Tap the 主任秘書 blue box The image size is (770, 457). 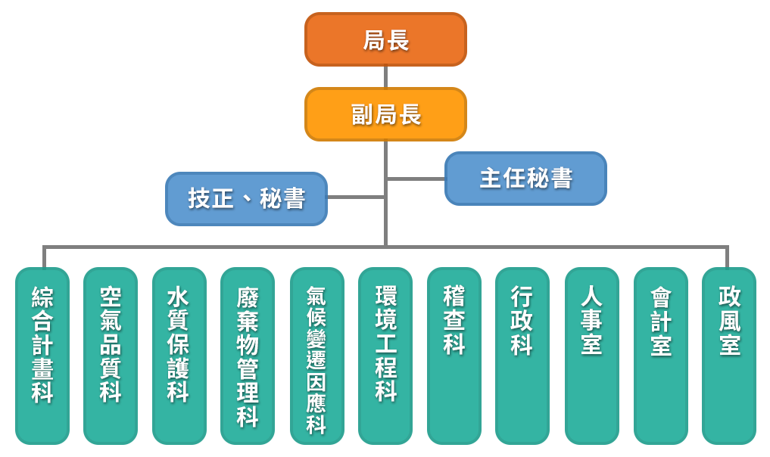(x=525, y=179)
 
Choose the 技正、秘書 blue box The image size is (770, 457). (x=246, y=199)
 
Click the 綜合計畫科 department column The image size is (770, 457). (x=42, y=356)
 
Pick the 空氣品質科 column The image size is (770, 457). (x=111, y=356)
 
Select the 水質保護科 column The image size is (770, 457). (x=179, y=356)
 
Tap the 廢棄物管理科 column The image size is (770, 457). (x=248, y=356)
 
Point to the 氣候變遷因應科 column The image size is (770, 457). (x=316, y=356)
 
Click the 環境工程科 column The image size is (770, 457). (x=385, y=356)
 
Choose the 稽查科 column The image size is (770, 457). (x=454, y=356)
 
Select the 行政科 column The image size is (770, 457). (x=522, y=356)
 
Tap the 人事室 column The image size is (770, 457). (x=591, y=356)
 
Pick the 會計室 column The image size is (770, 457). (x=660, y=356)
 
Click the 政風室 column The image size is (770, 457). (x=729, y=356)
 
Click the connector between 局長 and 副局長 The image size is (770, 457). (x=385, y=76)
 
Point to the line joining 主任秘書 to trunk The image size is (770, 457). (x=416, y=179)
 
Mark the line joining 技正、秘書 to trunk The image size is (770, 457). (x=356, y=197)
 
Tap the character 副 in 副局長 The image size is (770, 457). (x=363, y=115)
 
